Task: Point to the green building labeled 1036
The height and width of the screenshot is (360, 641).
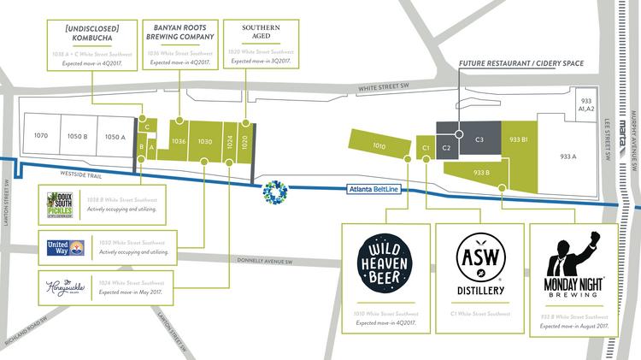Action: coord(179,141)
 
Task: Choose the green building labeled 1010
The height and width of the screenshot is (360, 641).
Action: coord(379,146)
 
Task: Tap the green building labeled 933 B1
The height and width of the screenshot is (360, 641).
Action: coord(518,139)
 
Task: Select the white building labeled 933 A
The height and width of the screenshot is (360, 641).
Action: coord(568,156)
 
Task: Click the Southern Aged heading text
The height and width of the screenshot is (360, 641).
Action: coord(254,33)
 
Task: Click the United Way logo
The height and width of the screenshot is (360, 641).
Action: coord(65,248)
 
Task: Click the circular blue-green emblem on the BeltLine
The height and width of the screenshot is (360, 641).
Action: coord(276,192)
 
